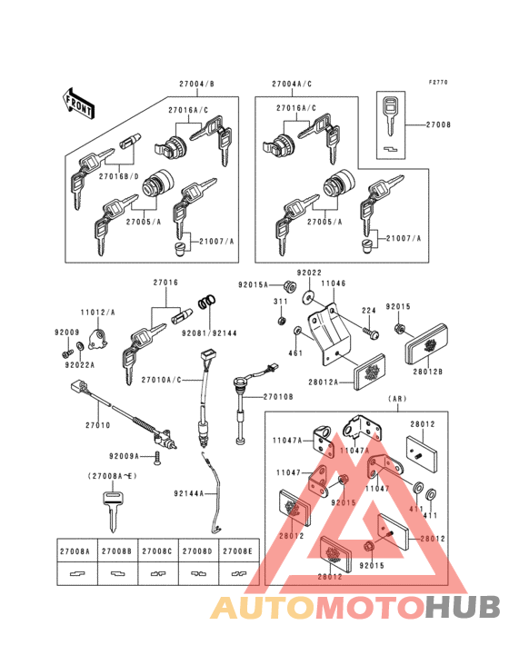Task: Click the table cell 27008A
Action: coord(75,551)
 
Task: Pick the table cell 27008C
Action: coord(156,551)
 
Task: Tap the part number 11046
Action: coord(334,284)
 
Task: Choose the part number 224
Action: coord(368,311)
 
